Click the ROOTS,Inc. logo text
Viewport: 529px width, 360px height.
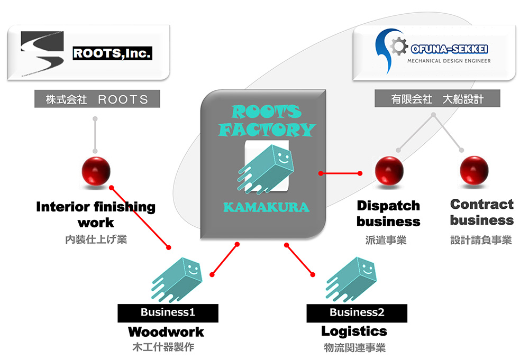112,53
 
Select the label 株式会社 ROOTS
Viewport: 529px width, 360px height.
97,99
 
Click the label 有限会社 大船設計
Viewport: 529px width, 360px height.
437,99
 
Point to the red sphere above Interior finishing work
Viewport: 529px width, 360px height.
96,171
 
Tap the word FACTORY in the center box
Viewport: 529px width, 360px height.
267,129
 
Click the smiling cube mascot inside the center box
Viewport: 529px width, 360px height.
266,167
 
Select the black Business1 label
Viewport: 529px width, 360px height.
168,312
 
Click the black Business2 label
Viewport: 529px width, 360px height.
357,312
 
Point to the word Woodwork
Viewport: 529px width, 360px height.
166,332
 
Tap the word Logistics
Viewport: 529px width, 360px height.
354,331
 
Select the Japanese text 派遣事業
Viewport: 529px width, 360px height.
386,241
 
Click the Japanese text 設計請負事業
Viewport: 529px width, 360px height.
481,241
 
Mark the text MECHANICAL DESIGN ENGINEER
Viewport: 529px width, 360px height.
449,61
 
